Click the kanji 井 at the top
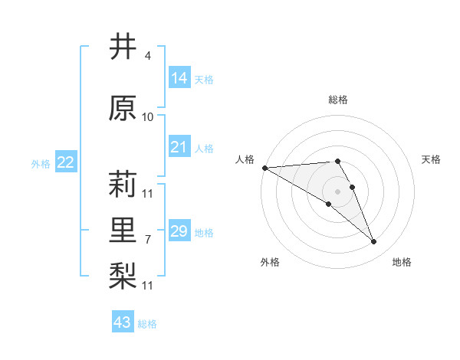123,48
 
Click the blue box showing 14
179,78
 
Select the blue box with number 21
179,147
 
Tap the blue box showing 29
179,231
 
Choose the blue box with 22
66,162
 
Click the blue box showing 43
123,322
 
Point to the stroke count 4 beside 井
148,56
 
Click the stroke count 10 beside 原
148,116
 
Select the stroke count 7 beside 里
148,239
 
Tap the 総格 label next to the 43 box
147,324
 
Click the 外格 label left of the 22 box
41,163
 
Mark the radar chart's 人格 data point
264,168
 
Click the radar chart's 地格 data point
373,242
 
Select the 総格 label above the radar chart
337,100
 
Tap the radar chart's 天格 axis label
432,159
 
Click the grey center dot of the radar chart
337,191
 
